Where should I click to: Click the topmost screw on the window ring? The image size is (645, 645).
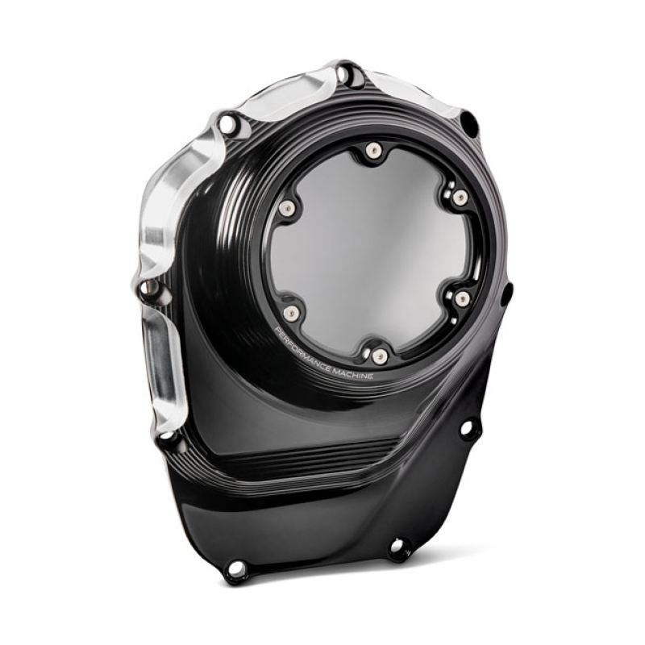pyautogui.click(x=372, y=150)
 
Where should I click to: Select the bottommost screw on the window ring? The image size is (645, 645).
pyautogui.click(x=380, y=355)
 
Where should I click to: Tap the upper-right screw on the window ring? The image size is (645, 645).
pyautogui.click(x=460, y=198)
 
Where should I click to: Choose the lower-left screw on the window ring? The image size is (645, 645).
pyautogui.click(x=292, y=311)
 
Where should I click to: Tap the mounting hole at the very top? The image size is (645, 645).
pyautogui.click(x=344, y=74)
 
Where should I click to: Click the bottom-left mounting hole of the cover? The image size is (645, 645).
pyautogui.click(x=235, y=569)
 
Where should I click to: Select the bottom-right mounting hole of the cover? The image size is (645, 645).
pyautogui.click(x=398, y=548)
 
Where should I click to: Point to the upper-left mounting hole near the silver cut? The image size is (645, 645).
pyautogui.click(x=228, y=124)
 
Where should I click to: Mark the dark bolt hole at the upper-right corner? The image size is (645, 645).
pyautogui.click(x=468, y=123)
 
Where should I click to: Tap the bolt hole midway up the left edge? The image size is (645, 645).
pyautogui.click(x=148, y=289)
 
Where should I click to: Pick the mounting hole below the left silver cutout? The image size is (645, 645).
pyautogui.click(x=168, y=440)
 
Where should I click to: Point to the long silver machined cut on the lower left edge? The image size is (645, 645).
pyautogui.click(x=161, y=363)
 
